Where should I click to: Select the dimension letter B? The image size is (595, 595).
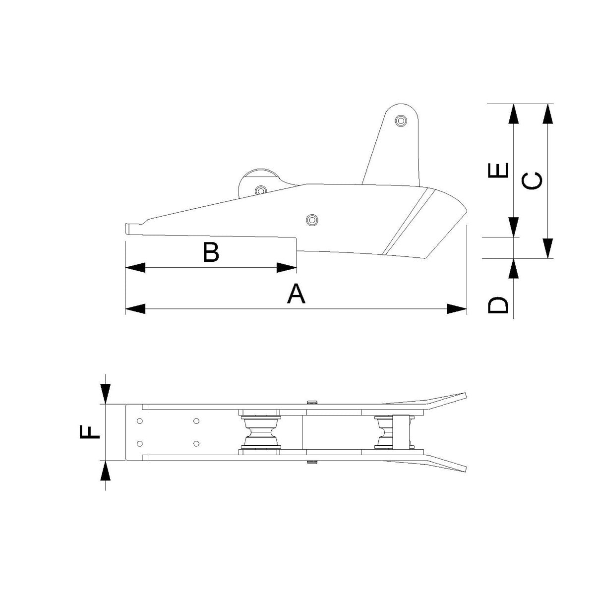pyautogui.click(x=211, y=252)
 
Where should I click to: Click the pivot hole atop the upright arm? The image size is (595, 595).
pyautogui.click(x=401, y=120)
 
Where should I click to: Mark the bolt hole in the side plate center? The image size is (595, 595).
pyautogui.click(x=311, y=220)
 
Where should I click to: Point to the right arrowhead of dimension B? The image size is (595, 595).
pyautogui.click(x=287, y=268)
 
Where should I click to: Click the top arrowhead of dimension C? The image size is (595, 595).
pyautogui.click(x=547, y=114)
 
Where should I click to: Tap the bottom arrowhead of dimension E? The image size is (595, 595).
pyautogui.click(x=514, y=227)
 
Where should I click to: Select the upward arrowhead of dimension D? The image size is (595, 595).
pyautogui.click(x=514, y=269)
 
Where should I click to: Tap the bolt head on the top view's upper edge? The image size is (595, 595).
pyautogui.click(x=311, y=402)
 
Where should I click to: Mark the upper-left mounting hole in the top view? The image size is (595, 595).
pyautogui.click(x=140, y=421)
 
